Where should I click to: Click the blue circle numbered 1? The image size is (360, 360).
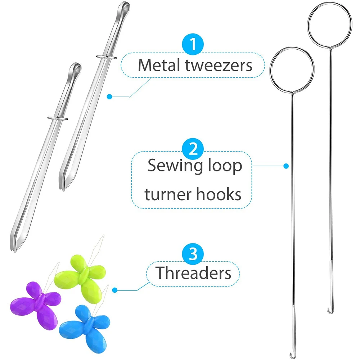(193, 44)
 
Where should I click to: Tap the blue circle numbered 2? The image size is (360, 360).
(193, 149)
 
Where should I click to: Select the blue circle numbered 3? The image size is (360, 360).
(193, 254)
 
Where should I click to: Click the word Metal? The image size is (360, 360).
(159, 65)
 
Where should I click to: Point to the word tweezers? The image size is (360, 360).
(219, 66)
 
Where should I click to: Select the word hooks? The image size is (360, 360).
(219, 194)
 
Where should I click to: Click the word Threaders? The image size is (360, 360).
(193, 273)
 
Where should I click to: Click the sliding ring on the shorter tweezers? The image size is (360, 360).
(58, 118)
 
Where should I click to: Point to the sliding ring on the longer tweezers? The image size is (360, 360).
(106, 57)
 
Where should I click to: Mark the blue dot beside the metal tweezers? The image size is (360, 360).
(109, 96)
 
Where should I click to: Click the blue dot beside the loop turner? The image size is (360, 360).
(286, 166)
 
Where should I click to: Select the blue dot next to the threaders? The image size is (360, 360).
(115, 290)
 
